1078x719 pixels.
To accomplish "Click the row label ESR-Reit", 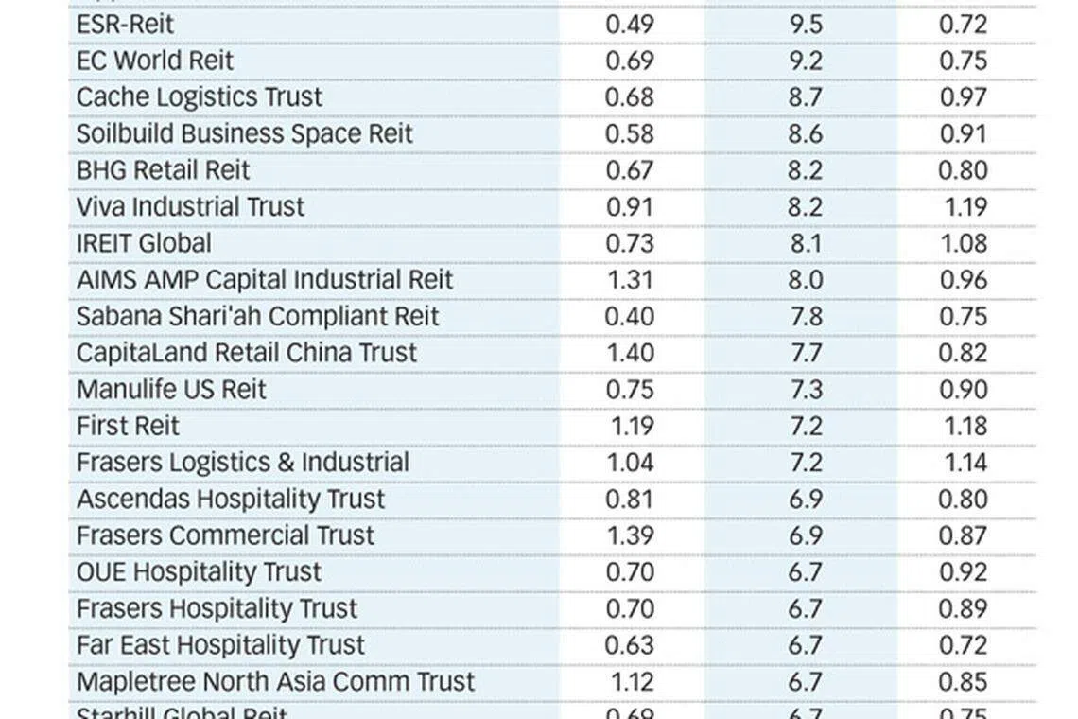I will pos(125,24).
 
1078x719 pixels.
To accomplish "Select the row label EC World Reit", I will pos(155,61).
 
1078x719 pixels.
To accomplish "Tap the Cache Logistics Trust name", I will pos(200,97).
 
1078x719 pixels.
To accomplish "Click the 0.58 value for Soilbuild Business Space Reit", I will pos(630,133).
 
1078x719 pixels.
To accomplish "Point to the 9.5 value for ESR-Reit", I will pos(806,24).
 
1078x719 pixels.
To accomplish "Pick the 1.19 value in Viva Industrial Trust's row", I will pos(965,207).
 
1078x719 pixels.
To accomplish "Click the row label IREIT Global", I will pos(144,243).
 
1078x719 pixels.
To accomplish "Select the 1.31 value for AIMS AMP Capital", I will pos(630,280).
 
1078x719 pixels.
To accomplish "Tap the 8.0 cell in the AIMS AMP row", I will pos(806,280).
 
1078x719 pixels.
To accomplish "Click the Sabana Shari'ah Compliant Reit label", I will pos(258,316).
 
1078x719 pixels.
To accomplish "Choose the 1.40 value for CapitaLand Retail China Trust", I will pos(630,353).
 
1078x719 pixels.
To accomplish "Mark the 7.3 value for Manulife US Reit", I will pos(806,390).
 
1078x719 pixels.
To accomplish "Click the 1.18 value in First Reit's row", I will pos(965,426).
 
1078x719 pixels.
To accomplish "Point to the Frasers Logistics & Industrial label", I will pos(243,463).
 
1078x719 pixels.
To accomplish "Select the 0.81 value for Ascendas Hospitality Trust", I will pos(630,500).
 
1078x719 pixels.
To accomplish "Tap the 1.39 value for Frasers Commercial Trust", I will pos(630,535).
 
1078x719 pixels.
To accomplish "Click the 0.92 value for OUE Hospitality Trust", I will pos(964,572).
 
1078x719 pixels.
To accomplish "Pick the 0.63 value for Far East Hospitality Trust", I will pos(630,645).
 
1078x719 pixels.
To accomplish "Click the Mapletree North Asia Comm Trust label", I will pos(276,682).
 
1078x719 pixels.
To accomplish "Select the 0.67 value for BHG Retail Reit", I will pos(630,170).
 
